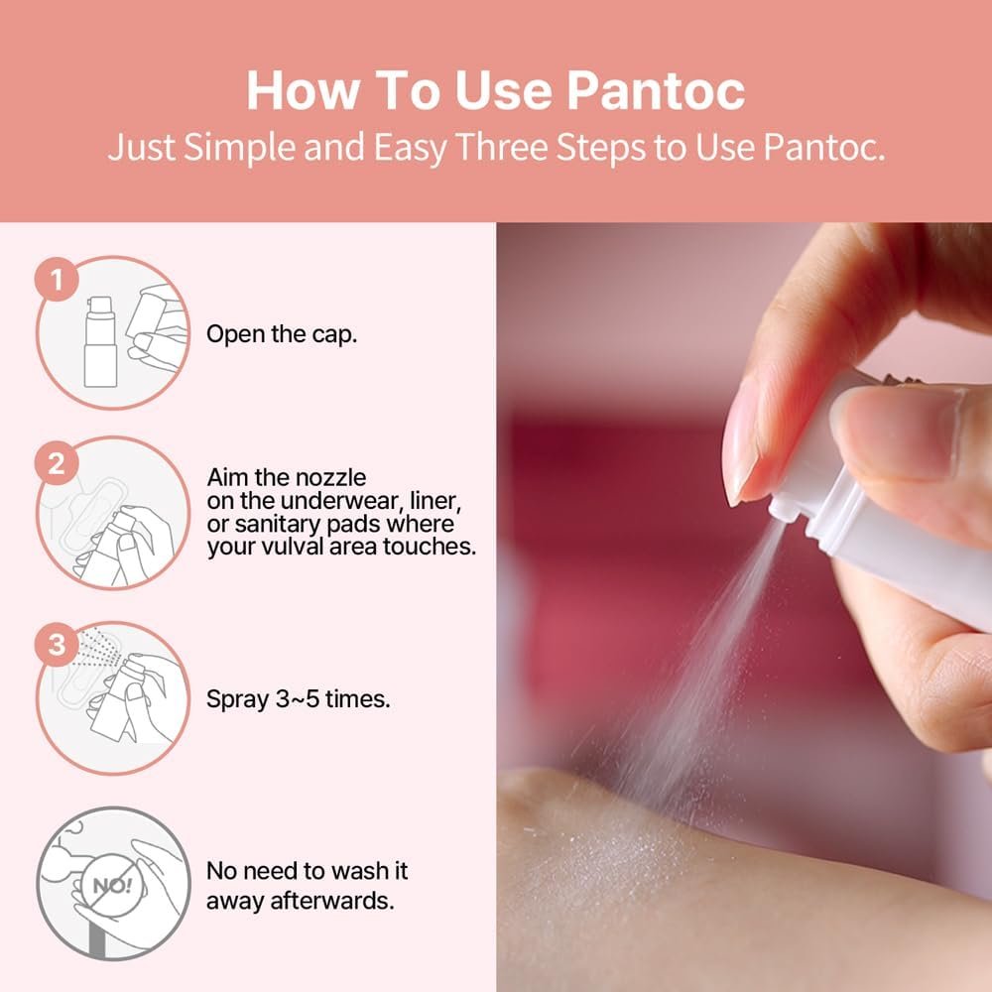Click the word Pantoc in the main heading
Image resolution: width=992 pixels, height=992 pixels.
[x=656, y=90]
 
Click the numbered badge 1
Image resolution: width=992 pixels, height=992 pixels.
[x=57, y=279]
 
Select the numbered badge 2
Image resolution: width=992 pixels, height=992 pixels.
[x=57, y=463]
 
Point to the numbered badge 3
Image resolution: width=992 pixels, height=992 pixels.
[x=57, y=644]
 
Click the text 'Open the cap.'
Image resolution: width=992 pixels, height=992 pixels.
[x=282, y=334]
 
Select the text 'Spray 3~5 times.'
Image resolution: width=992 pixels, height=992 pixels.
[x=299, y=699]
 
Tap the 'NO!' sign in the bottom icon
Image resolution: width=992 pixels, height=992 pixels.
[x=113, y=885]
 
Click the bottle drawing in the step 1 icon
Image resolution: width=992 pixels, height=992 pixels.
[x=100, y=341]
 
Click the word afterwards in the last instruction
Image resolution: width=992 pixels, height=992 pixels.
[x=332, y=901]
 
